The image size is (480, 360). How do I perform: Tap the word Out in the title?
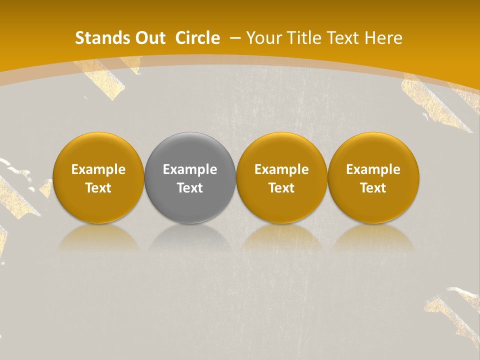(x=150, y=38)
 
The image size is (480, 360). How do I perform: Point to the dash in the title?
(x=235, y=38)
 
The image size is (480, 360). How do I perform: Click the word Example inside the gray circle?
(x=190, y=169)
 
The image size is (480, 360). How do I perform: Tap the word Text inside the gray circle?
(x=190, y=188)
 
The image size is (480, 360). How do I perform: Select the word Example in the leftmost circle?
(x=98, y=169)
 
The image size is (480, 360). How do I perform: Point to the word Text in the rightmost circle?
(x=373, y=188)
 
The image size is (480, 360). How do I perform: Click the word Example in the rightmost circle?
(x=373, y=169)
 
